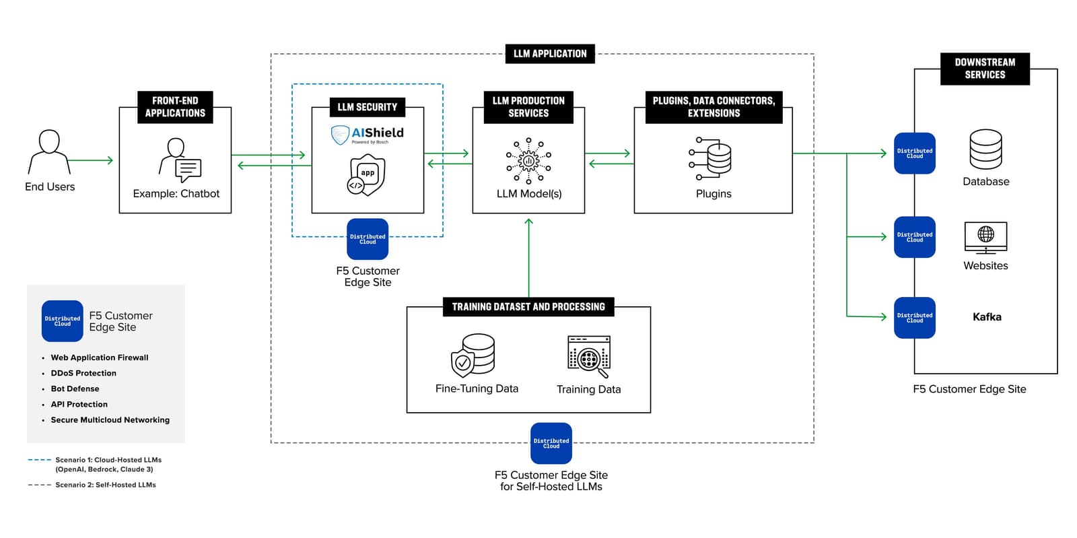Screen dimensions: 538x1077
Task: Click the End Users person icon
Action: [x=49, y=152]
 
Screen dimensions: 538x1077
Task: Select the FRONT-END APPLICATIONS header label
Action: [x=175, y=107]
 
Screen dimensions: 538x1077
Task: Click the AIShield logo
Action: [x=368, y=135]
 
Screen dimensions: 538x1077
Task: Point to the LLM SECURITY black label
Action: [x=367, y=107]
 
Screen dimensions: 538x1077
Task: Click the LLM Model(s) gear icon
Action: [x=528, y=161]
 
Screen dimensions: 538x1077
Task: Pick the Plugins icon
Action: [x=711, y=158]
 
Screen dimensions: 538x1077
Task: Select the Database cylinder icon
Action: [x=985, y=149]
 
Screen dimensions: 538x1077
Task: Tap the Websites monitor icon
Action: [x=985, y=238]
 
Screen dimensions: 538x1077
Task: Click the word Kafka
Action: [x=986, y=317]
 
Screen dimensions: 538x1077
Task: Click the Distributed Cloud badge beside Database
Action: [x=914, y=154]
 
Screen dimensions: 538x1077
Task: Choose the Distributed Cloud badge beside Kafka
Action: [x=914, y=318]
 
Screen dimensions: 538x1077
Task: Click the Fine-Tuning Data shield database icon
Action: [x=473, y=355]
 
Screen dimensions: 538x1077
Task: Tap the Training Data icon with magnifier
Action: [x=589, y=356]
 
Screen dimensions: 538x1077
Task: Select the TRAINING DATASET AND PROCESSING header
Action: [x=528, y=307]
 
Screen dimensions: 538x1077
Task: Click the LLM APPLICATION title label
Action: [x=550, y=54]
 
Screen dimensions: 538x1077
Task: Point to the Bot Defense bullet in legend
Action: [x=75, y=389]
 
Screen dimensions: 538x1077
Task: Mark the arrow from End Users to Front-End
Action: [x=90, y=160]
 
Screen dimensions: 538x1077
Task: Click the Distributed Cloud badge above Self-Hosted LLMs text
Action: [x=551, y=443]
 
